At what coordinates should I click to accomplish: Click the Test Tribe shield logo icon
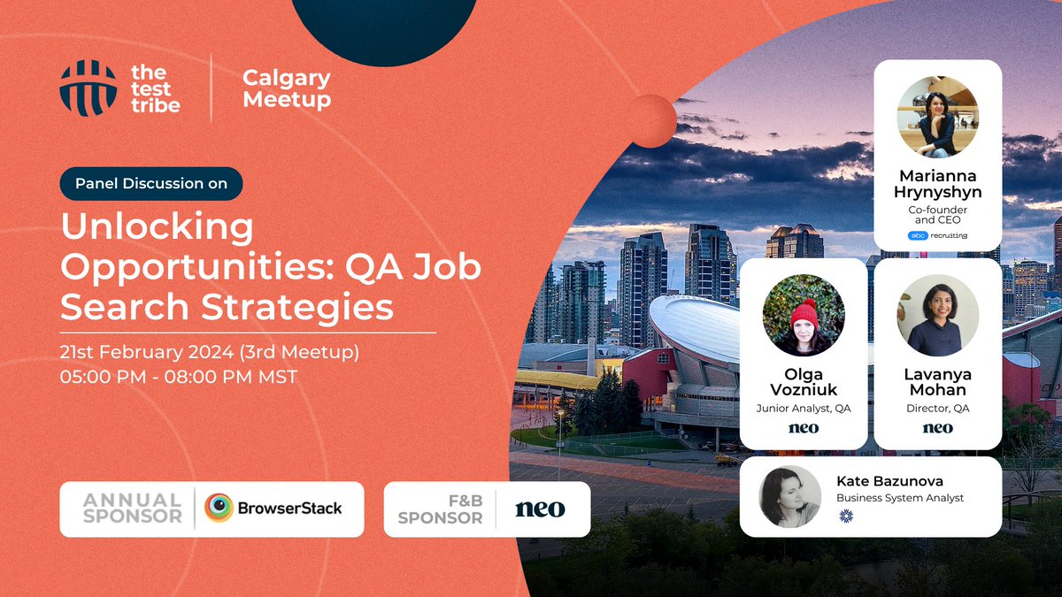(x=88, y=88)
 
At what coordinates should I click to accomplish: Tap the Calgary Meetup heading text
(x=287, y=88)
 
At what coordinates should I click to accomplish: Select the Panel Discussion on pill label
(x=151, y=184)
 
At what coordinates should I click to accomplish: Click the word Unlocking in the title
(x=158, y=228)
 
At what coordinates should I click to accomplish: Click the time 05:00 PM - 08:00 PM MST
(x=179, y=377)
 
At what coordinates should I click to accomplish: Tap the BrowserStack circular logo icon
(x=219, y=509)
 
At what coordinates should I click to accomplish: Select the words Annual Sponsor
(x=132, y=509)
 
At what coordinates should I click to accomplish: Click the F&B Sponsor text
(x=440, y=509)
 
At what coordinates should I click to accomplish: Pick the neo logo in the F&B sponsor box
(x=539, y=509)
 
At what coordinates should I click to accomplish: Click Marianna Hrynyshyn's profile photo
(x=937, y=117)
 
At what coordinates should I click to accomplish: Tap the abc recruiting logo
(x=937, y=235)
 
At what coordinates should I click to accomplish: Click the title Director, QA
(x=937, y=408)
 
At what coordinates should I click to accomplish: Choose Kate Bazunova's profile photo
(x=789, y=496)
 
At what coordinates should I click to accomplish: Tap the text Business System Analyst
(x=900, y=498)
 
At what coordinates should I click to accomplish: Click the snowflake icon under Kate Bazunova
(x=844, y=515)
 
